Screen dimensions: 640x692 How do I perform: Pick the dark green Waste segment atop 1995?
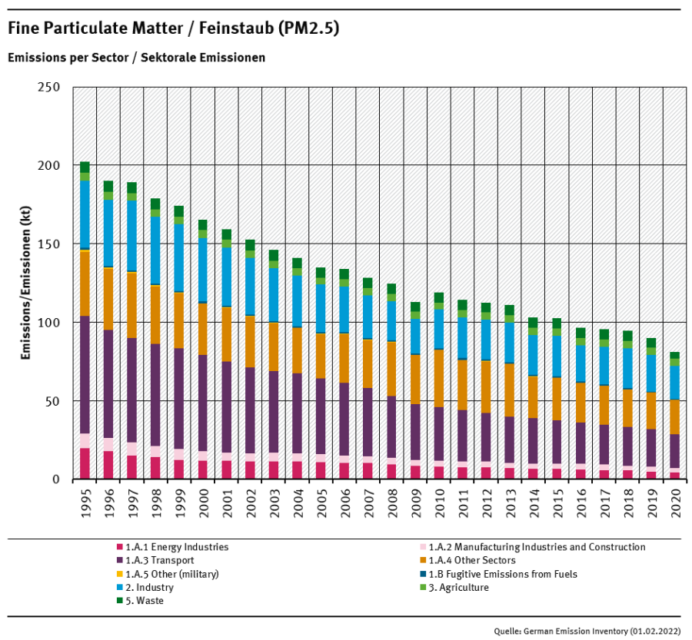[x=85, y=167]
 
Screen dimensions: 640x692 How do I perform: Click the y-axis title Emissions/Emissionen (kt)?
[x=25, y=284]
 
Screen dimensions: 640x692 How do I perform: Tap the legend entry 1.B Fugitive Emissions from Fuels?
[x=504, y=574]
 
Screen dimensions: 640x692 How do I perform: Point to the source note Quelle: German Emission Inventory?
[x=587, y=630]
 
